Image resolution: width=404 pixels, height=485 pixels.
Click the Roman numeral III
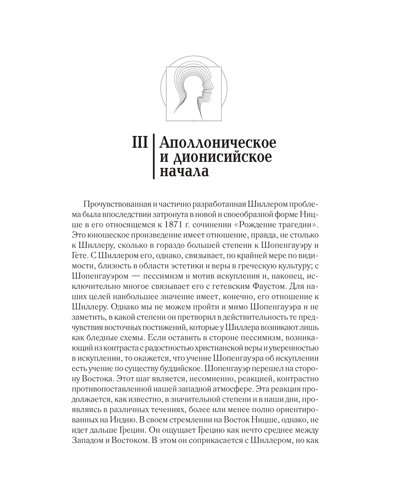(x=140, y=143)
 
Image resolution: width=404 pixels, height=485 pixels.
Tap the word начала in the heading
(x=184, y=171)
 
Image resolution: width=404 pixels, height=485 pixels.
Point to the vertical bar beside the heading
(x=154, y=157)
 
